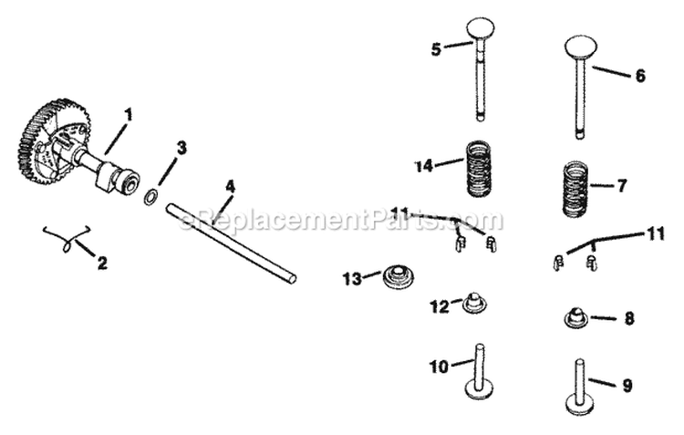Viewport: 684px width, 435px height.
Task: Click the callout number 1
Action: (129, 115)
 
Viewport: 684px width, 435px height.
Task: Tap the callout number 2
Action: (102, 264)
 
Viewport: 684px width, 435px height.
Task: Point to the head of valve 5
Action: (481, 28)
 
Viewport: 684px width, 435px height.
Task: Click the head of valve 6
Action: (580, 46)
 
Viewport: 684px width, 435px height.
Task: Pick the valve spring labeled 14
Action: (481, 168)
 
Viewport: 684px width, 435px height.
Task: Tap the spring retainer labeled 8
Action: (575, 318)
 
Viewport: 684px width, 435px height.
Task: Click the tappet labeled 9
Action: (579, 387)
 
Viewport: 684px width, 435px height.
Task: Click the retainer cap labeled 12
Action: (473, 302)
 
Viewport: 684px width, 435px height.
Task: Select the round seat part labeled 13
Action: (398, 275)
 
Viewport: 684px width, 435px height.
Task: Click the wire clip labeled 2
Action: (66, 238)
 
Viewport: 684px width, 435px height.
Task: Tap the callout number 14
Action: (423, 166)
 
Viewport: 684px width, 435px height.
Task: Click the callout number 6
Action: (639, 77)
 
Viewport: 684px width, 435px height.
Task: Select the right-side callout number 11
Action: (656, 234)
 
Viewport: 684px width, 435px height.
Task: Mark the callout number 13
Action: (352, 277)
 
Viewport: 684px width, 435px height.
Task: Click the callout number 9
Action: (627, 387)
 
